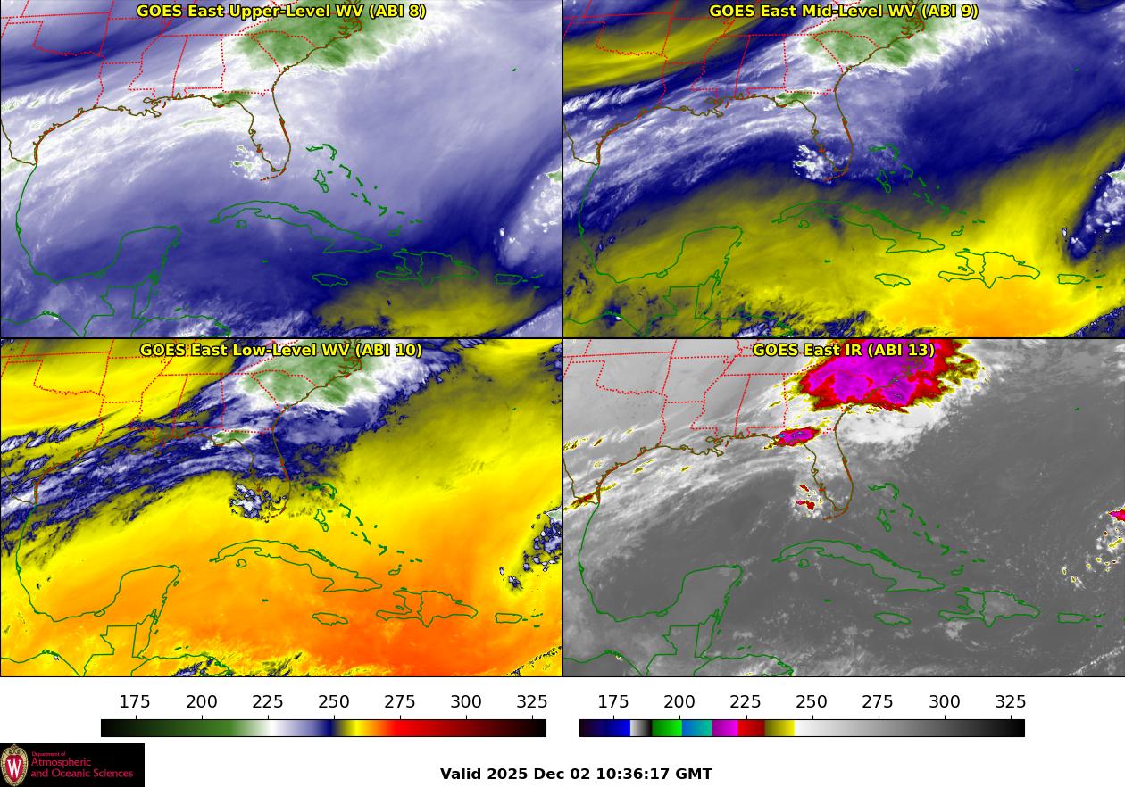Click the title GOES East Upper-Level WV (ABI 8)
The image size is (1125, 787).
[281, 11]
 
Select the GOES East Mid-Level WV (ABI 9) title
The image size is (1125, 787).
[843, 11]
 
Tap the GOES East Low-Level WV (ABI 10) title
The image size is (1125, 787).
[281, 350]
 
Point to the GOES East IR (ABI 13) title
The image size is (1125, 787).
[843, 350]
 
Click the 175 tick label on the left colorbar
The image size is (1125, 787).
[135, 702]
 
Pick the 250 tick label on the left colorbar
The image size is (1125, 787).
[334, 702]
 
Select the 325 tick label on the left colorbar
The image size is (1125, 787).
[532, 702]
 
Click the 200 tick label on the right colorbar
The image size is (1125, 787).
[679, 702]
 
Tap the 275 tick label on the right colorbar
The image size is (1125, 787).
[879, 702]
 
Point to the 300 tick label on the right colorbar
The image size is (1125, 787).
[945, 702]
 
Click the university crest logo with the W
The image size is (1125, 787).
[14, 766]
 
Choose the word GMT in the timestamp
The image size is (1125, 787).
[696, 774]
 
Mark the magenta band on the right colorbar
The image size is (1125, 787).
[724, 728]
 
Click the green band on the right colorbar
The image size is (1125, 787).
[666, 728]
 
